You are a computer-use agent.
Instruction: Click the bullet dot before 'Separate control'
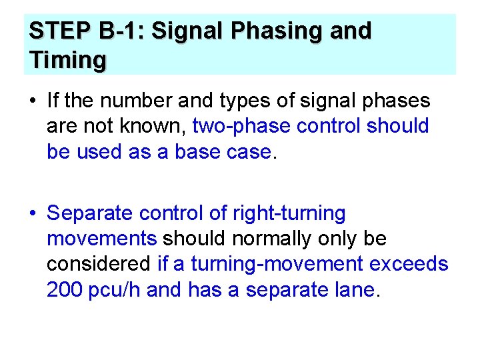(33, 214)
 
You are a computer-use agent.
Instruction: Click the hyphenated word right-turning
(289, 213)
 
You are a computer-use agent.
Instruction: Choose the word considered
(99, 264)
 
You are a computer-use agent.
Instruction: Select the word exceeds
(409, 264)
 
